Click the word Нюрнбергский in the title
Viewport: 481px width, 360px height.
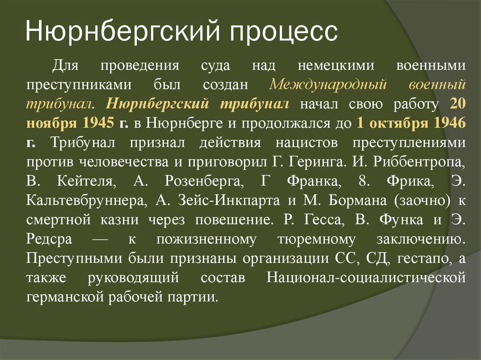123,32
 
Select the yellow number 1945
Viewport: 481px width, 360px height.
98,123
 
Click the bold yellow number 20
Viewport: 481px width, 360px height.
458,104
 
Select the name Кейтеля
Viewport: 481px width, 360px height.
86,182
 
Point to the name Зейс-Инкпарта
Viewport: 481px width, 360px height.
229,201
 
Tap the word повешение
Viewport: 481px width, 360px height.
234,220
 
